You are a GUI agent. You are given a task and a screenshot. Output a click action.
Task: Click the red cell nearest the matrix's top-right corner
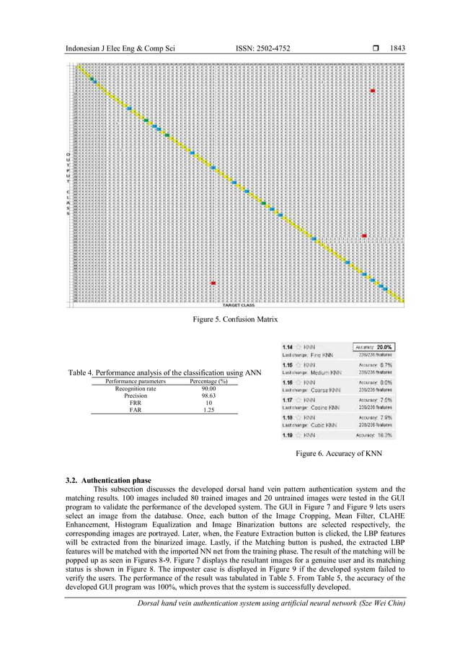coord(372,90)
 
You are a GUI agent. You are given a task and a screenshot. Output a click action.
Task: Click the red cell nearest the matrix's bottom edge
coord(213,283)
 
